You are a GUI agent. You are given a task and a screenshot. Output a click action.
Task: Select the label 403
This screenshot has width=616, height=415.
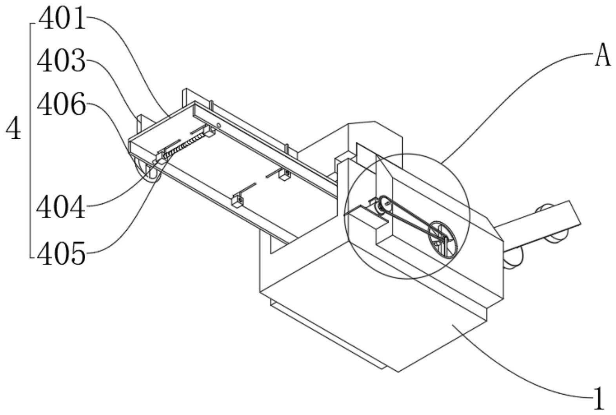coord(61,62)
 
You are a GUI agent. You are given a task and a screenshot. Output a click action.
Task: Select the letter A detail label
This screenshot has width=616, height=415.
coord(603,56)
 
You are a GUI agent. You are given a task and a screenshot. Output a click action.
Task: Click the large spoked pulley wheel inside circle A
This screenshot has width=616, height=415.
coord(442,239)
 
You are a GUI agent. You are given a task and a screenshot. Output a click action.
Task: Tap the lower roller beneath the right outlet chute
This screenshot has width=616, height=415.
coord(514,259)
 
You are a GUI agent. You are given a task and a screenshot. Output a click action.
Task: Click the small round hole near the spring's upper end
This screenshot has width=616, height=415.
coord(219,126)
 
